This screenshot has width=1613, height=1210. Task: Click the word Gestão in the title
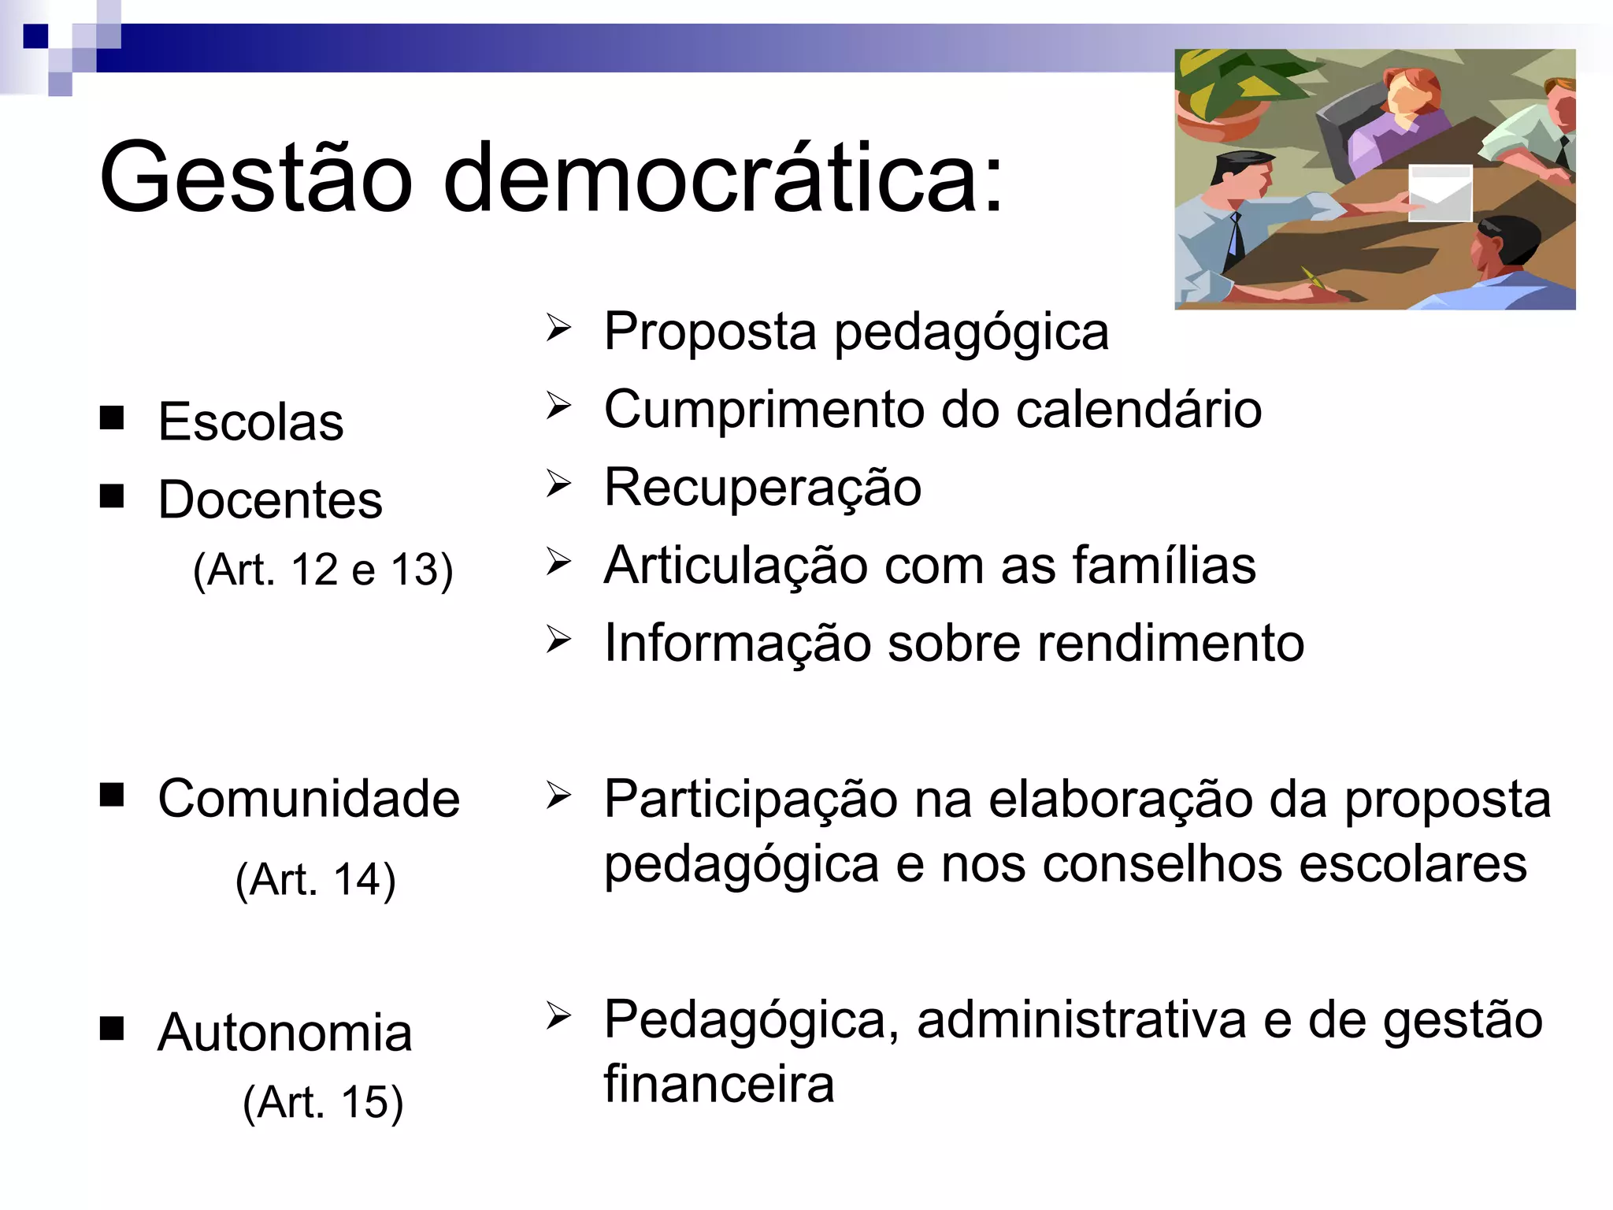[256, 177]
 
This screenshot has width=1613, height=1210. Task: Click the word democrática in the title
[723, 177]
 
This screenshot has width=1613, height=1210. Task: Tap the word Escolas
[250, 421]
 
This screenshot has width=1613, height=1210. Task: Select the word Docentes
[270, 499]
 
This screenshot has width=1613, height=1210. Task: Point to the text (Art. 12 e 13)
[323, 570]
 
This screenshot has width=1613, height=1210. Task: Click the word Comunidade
[309, 798]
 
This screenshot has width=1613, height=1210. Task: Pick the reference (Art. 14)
[315, 879]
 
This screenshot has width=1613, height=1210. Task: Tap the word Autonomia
[284, 1032]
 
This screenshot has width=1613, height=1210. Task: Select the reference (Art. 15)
[323, 1101]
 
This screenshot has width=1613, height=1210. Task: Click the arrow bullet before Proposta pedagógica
[558, 328]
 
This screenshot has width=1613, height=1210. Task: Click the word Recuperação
[762, 488]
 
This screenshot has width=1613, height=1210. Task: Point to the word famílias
[1164, 565]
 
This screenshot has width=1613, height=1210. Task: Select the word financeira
[718, 1084]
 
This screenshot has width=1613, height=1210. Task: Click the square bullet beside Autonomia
[112, 1028]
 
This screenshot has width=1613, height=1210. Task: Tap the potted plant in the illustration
[1229, 91]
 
